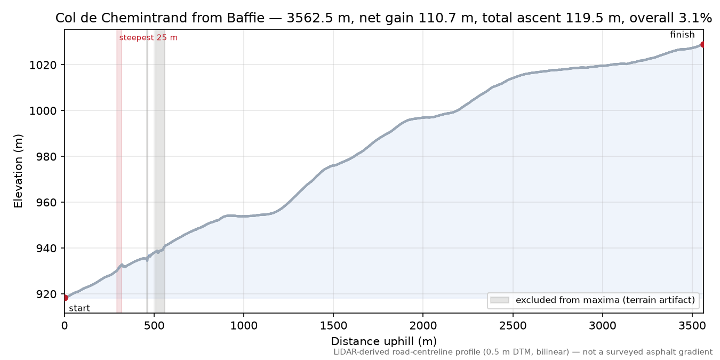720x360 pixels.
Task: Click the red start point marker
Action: pyautogui.click(x=65, y=298)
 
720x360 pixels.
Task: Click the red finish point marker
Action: pyautogui.click(x=703, y=44)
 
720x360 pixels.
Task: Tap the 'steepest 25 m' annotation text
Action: pyautogui.click(x=148, y=38)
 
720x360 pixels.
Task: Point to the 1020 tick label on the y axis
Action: pyautogui.click(x=43, y=65)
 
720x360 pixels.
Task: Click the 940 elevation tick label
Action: pyautogui.click(x=43, y=249)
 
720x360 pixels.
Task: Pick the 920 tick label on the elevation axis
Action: pyautogui.click(x=43, y=294)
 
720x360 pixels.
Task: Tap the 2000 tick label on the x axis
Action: pyautogui.click(x=423, y=326)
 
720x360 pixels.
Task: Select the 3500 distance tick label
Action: pyautogui.click(x=692, y=326)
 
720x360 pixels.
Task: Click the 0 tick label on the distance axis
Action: pyautogui.click(x=65, y=326)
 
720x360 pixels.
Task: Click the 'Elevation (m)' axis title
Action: pyautogui.click(x=18, y=171)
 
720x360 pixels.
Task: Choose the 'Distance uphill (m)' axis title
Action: pyautogui.click(x=384, y=341)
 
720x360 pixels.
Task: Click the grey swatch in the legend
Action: pyautogui.click(x=500, y=300)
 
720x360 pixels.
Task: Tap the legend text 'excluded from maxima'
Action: pyautogui.click(x=567, y=300)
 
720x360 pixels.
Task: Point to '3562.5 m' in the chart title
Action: pyautogui.click(x=318, y=18)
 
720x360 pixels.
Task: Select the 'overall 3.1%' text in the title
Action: pyautogui.click(x=670, y=18)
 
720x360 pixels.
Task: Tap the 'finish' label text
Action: pyautogui.click(x=682, y=35)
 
